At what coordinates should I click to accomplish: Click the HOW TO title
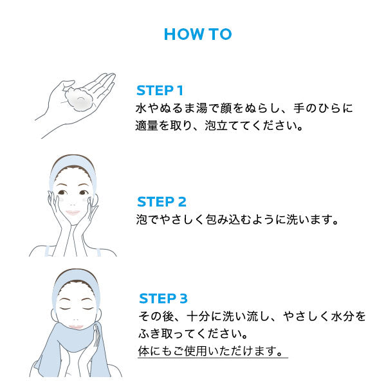click(x=198, y=34)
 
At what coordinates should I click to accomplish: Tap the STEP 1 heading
click(x=160, y=90)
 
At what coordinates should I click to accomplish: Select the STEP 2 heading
click(x=161, y=202)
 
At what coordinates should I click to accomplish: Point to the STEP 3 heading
click(x=163, y=299)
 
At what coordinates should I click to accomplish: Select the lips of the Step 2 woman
click(x=73, y=212)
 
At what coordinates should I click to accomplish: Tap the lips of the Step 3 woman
click(x=76, y=327)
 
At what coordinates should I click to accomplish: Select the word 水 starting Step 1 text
click(x=141, y=108)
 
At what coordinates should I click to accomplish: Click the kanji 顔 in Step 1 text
click(x=226, y=108)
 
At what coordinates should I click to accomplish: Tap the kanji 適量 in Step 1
click(x=147, y=125)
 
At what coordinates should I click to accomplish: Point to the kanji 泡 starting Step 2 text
click(x=142, y=219)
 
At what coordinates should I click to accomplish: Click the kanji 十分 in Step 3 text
click(x=198, y=316)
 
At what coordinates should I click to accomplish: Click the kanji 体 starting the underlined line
click(x=143, y=351)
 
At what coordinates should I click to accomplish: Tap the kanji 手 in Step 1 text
click(x=299, y=108)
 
